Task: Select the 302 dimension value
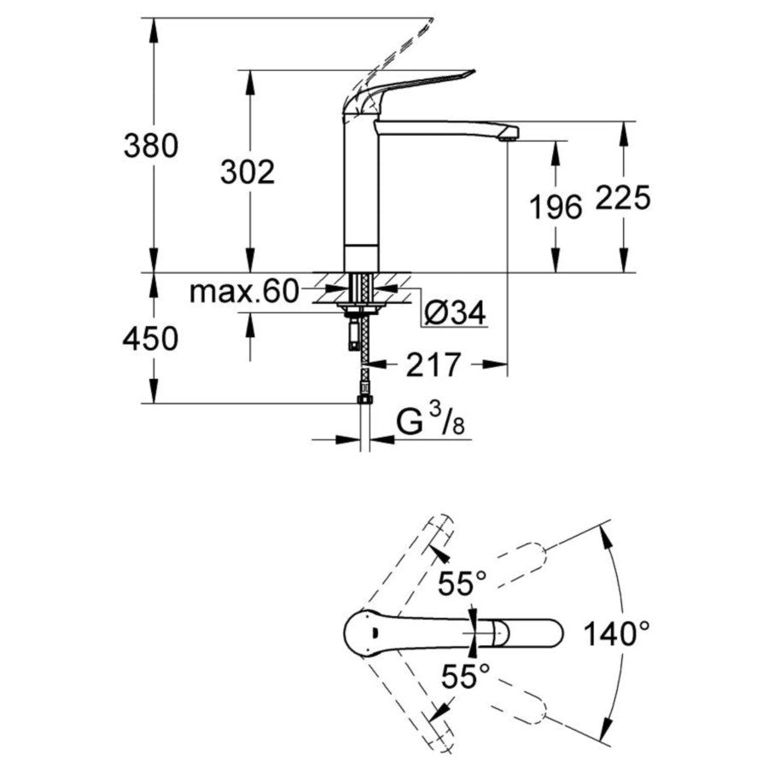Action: click(247, 172)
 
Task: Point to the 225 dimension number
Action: click(623, 198)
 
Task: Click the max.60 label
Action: click(243, 293)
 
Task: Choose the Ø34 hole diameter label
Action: click(455, 314)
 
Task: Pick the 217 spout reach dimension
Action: click(434, 365)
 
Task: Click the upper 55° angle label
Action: click(463, 585)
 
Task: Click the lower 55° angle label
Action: click(465, 678)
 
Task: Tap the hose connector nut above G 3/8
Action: click(364, 396)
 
